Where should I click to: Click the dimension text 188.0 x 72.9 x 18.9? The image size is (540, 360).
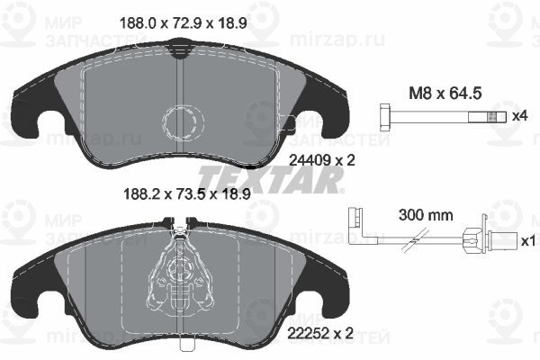[183, 23]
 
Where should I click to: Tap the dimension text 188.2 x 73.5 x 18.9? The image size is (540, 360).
[186, 194]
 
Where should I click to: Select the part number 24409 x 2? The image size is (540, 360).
[321, 160]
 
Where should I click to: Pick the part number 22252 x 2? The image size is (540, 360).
[320, 333]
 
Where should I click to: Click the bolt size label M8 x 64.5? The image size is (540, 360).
[445, 94]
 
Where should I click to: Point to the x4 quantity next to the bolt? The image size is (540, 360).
[520, 116]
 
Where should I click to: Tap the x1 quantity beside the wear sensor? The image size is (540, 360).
[528, 241]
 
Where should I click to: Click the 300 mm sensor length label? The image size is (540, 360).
[426, 215]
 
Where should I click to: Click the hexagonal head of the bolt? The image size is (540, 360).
[384, 117]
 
